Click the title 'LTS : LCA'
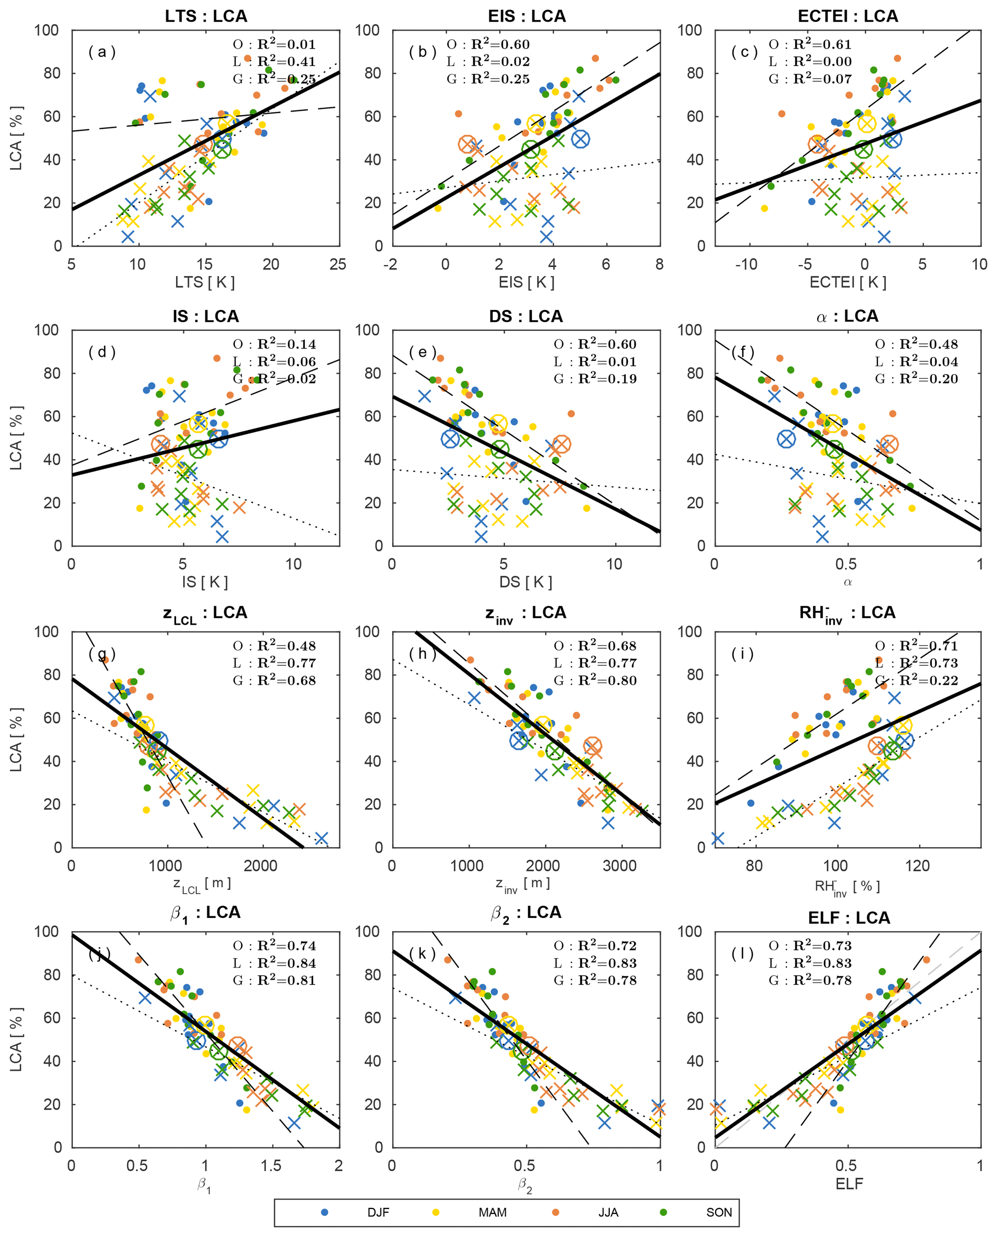coord(205,16)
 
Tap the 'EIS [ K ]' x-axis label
coord(526,282)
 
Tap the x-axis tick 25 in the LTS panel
coord(338,264)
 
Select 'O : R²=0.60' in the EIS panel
coord(488,44)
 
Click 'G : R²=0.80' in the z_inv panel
coord(595,680)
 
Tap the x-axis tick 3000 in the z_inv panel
coord(619,866)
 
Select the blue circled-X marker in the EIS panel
coord(581,139)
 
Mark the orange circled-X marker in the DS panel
coord(561,444)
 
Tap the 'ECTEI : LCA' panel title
coord(847,16)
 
